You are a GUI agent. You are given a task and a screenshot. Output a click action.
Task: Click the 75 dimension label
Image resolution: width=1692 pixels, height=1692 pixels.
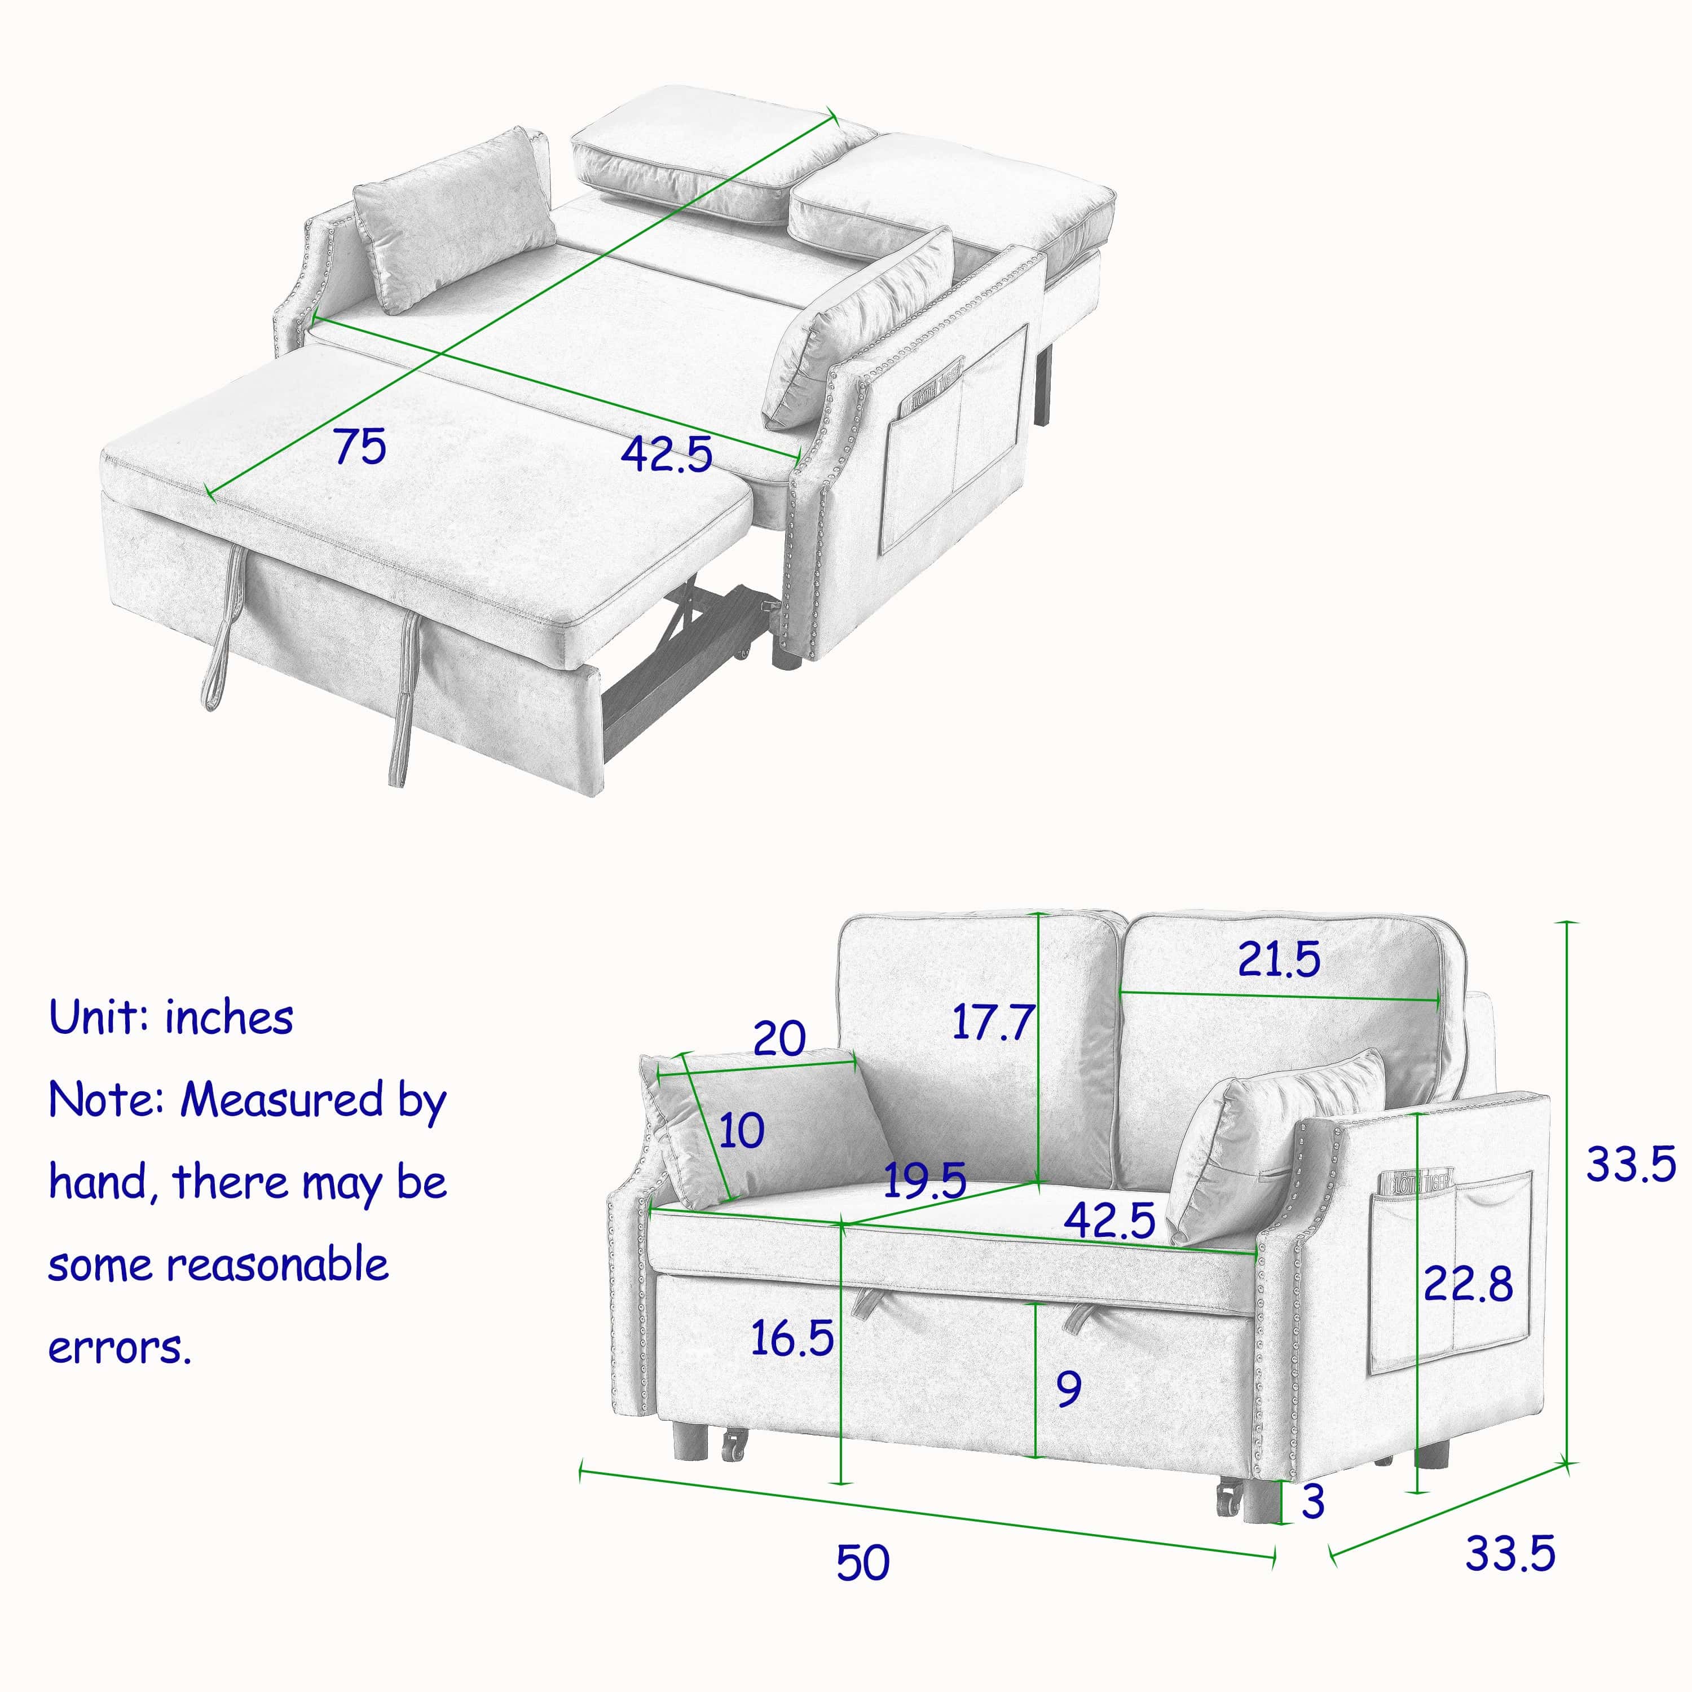point(360,447)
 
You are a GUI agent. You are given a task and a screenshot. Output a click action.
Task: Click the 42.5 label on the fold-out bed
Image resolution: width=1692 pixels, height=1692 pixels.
point(667,453)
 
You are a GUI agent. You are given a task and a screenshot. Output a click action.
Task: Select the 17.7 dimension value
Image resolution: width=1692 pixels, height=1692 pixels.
point(993,1022)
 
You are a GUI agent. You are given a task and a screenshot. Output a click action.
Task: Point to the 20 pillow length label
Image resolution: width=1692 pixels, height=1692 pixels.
point(779,1039)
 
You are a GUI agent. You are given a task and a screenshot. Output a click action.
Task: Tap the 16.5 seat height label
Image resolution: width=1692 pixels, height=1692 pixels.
point(792,1338)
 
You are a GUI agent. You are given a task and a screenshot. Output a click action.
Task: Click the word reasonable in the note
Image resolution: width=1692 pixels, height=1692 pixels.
point(279,1264)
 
